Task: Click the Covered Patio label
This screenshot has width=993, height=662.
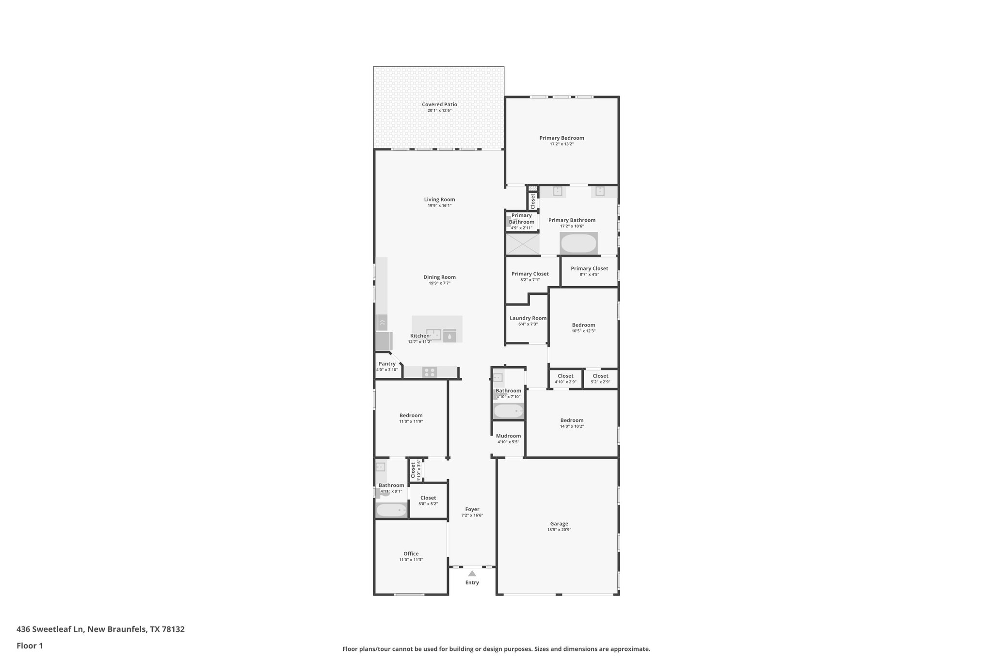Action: pyautogui.click(x=439, y=104)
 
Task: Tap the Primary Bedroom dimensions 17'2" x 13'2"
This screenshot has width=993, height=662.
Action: pyautogui.click(x=561, y=144)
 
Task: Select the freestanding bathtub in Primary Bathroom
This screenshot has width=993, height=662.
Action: pyautogui.click(x=578, y=243)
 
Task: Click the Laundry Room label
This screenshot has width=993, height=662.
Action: pyautogui.click(x=528, y=318)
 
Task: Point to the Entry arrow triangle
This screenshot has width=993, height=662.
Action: pyautogui.click(x=472, y=573)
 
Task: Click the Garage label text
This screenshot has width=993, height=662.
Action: pyautogui.click(x=559, y=523)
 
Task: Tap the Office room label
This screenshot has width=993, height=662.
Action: pyautogui.click(x=411, y=553)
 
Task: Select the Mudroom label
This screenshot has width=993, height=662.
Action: pyautogui.click(x=508, y=436)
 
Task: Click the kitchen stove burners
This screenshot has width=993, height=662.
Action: pyautogui.click(x=430, y=372)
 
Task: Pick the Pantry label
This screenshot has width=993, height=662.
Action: pyautogui.click(x=387, y=364)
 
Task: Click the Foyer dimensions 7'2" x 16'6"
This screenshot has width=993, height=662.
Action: pyautogui.click(x=472, y=515)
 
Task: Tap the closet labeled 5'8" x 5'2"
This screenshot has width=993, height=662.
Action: pyautogui.click(x=428, y=501)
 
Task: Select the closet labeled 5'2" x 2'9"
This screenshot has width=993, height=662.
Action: pyautogui.click(x=600, y=378)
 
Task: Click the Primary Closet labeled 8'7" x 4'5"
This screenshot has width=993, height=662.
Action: pyautogui.click(x=589, y=271)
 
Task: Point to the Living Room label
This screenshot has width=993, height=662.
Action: pyautogui.click(x=439, y=199)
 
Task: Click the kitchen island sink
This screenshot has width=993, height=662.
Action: pyautogui.click(x=433, y=335)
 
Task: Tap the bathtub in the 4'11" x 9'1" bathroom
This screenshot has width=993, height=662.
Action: pyautogui.click(x=392, y=510)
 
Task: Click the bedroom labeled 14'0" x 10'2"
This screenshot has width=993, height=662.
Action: pyautogui.click(x=572, y=423)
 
